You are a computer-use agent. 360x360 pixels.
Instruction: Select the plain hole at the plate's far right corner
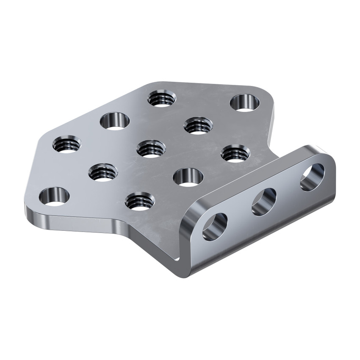pyautogui.click(x=245, y=103)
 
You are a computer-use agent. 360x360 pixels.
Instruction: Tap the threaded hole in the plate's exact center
pyautogui.click(x=151, y=149)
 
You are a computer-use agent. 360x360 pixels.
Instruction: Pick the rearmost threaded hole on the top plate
pyautogui.click(x=161, y=98)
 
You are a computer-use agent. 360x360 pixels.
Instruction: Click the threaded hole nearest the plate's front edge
pyautogui.click(x=139, y=200)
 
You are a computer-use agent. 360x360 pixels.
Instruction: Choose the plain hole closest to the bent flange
pyautogui.click(x=188, y=177)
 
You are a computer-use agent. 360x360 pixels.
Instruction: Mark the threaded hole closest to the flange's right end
pyautogui.click(x=235, y=153)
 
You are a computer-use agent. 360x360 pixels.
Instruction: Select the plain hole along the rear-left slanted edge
pyautogui.click(x=115, y=120)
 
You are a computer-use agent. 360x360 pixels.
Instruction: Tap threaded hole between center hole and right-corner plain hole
pyautogui.click(x=198, y=125)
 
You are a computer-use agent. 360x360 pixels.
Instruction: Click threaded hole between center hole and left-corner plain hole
pyautogui.click(x=103, y=172)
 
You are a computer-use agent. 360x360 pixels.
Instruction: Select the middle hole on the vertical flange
pyautogui.click(x=264, y=202)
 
